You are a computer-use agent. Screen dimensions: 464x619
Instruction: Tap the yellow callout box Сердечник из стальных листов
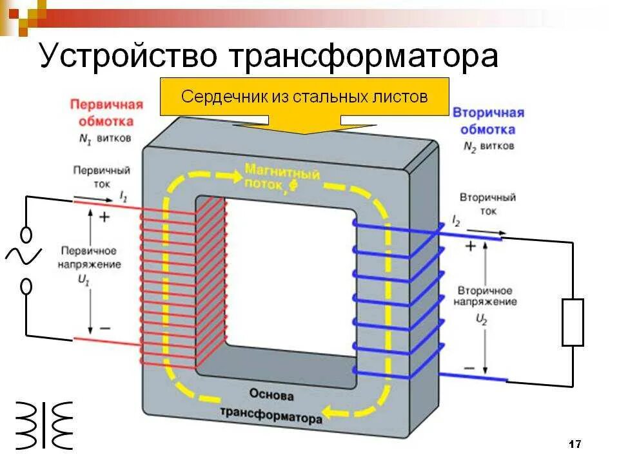point(304,97)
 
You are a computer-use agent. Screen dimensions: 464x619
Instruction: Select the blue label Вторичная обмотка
point(488,121)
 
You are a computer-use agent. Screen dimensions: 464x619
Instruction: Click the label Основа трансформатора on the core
point(271,406)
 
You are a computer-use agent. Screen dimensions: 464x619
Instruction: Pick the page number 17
point(575,444)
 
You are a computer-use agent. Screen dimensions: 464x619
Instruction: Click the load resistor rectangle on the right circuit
point(573,322)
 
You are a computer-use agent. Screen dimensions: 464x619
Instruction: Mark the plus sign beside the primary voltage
point(104,217)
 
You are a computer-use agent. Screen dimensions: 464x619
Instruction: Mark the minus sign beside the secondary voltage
point(470,369)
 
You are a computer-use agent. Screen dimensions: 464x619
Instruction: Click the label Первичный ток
point(101,177)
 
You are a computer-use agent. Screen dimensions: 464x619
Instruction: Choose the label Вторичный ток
point(487,204)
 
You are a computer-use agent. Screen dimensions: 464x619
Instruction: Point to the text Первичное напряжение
point(90,257)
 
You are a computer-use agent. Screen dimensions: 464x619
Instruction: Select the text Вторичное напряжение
point(484,296)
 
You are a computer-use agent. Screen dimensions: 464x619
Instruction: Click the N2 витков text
point(488,146)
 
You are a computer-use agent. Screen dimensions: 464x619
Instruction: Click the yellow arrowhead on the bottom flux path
point(330,410)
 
